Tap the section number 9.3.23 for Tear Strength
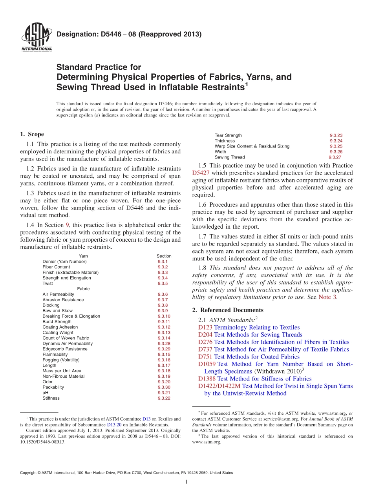(x=336, y=135)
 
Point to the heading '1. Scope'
(x=32, y=134)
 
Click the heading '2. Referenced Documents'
(x=228, y=310)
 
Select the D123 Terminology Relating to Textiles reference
(x=249, y=327)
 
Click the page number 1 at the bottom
(x=186, y=482)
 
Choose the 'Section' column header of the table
(x=164, y=256)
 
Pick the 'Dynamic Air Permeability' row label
(x=68, y=343)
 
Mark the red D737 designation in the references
(x=205, y=349)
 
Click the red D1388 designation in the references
(x=207, y=379)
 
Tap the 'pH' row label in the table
(x=46, y=393)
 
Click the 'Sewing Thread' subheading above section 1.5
(x=230, y=157)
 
